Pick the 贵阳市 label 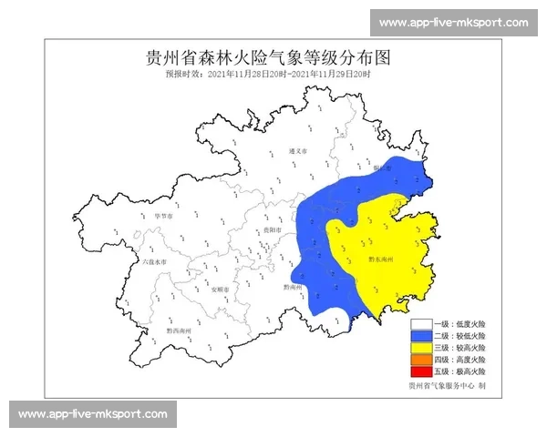(269, 231)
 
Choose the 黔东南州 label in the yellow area (380, 259)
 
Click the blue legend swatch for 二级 (420, 336)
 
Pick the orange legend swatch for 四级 (420, 361)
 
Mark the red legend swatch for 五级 (420, 372)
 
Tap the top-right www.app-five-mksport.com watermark (453, 22)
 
